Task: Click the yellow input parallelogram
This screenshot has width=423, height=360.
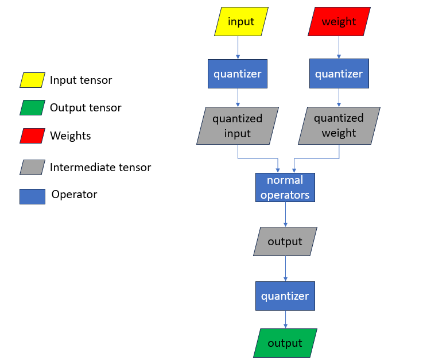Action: pyautogui.click(x=241, y=22)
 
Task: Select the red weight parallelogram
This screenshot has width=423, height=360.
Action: pyautogui.click(x=339, y=22)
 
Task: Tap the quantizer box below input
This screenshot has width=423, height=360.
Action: pyautogui.click(x=238, y=73)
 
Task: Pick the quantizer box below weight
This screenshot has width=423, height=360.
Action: pyautogui.click(x=339, y=73)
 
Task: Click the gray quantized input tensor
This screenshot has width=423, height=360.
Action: pyautogui.click(x=238, y=126)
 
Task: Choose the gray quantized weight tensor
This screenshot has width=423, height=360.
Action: pyautogui.click(x=339, y=126)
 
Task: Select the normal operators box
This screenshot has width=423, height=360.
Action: pyautogui.click(x=285, y=188)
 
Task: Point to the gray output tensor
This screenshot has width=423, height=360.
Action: pyautogui.click(x=285, y=241)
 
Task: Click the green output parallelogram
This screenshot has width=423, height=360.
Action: pyautogui.click(x=285, y=343)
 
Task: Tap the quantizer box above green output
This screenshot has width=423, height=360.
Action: pyautogui.click(x=285, y=296)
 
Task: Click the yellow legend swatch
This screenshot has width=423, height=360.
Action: pyautogui.click(x=32, y=80)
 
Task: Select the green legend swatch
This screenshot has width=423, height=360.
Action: pyautogui.click(x=32, y=108)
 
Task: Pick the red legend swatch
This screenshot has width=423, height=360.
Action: pyautogui.click(x=32, y=136)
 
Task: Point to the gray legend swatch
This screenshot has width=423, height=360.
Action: pyautogui.click(x=32, y=167)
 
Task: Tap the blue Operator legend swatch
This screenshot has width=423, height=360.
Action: pyautogui.click(x=32, y=196)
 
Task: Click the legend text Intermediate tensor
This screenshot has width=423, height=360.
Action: pyautogui.click(x=100, y=168)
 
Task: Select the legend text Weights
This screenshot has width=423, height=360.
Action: pyautogui.click(x=70, y=136)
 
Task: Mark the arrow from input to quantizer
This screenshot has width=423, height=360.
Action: pyautogui.click(x=238, y=48)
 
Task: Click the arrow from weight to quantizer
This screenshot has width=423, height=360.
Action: pyautogui.click(x=339, y=48)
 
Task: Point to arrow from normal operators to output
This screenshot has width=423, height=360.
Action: pyautogui.click(x=285, y=215)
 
